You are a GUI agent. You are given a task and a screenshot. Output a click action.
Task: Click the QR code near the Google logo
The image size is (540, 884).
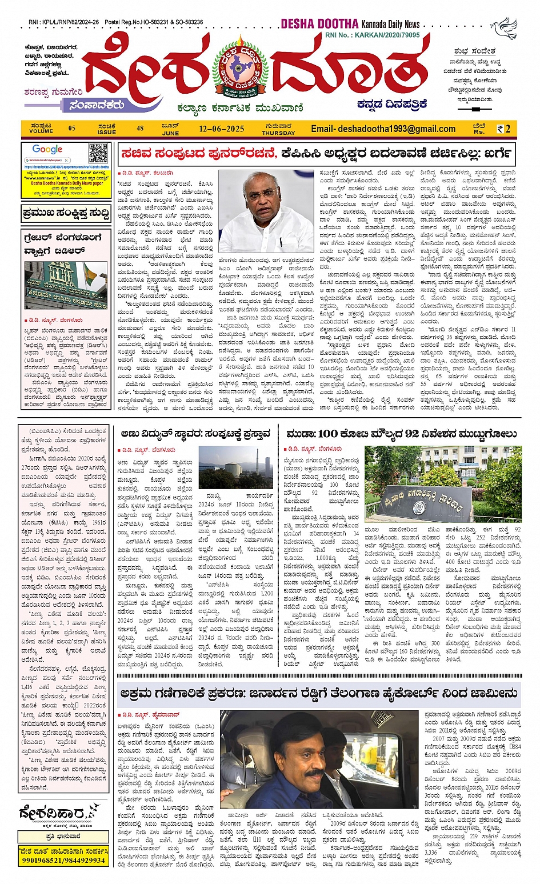coord(98,153)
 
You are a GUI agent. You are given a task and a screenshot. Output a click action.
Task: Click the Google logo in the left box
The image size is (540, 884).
coord(47,150)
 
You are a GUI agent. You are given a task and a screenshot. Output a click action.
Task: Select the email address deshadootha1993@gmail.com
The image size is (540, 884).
coord(383,129)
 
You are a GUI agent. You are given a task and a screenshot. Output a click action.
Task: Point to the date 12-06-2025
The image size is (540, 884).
coord(222,129)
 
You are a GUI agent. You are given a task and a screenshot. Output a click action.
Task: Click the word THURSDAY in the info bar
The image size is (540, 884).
coord(278,133)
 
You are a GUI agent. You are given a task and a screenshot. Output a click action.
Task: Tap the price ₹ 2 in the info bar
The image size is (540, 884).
coord(503,129)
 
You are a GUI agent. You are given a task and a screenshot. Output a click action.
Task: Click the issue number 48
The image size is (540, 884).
coord(140,129)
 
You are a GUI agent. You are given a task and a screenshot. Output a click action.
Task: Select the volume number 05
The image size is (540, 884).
coord(71,129)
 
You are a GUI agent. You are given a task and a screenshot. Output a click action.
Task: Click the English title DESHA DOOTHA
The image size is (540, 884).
coord(319,24)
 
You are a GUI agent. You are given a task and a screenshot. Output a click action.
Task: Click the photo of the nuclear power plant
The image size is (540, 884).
coord(236,468)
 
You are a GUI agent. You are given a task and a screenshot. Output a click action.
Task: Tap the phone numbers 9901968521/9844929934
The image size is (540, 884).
coord(62,859)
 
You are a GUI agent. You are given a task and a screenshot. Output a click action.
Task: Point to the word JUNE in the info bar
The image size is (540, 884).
coord(170,133)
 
